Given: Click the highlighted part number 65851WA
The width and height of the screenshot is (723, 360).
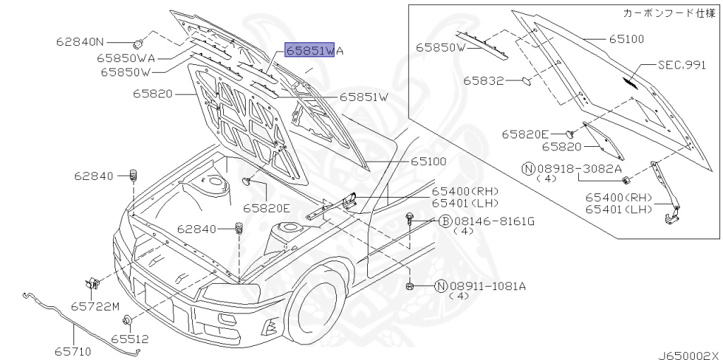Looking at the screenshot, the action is click(x=315, y=50).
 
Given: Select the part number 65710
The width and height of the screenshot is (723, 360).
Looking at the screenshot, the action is click(x=73, y=352).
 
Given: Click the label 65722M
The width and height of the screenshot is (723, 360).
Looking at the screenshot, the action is click(x=95, y=306).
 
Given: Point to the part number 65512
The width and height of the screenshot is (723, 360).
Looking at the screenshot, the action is click(x=130, y=340).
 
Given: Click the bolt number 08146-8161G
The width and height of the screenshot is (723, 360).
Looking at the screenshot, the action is click(x=494, y=222).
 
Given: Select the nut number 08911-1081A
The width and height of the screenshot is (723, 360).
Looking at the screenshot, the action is click(x=488, y=287).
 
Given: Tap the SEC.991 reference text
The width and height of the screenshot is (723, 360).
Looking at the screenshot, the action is click(x=681, y=65).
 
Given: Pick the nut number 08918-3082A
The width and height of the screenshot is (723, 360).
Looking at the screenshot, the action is click(x=579, y=169).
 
